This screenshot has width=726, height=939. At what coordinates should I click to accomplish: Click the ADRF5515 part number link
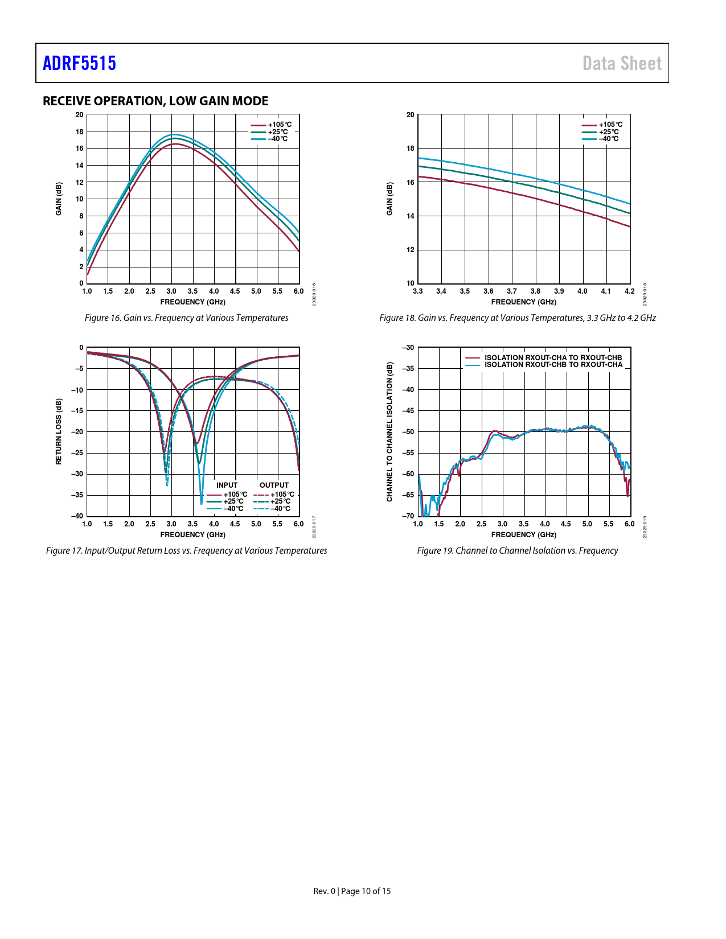[x=79, y=63]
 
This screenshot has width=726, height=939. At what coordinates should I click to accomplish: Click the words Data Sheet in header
[x=622, y=63]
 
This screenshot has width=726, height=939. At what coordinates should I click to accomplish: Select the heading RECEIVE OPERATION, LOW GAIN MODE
[x=155, y=101]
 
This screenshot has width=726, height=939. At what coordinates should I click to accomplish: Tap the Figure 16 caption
[x=186, y=318]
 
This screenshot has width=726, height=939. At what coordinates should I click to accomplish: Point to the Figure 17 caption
[x=186, y=550]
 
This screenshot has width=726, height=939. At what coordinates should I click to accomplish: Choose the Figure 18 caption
[x=517, y=318]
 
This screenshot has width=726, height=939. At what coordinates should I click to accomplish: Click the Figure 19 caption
[x=517, y=550]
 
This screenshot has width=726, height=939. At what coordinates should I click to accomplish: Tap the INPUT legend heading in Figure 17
[x=227, y=485]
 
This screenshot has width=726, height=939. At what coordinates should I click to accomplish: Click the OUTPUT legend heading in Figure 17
[x=274, y=485]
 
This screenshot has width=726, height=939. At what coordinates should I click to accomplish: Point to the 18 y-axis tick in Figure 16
[x=80, y=131]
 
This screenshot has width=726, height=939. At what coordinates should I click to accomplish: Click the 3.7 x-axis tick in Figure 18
[x=512, y=291]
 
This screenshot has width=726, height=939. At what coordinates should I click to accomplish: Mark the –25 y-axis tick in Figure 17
[x=77, y=453]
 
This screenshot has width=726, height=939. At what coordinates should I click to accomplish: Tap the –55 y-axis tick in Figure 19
[x=408, y=453]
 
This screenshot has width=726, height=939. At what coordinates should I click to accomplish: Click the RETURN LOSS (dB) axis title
[x=59, y=431]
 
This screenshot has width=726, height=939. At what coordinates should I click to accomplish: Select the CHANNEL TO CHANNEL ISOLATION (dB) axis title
[x=389, y=431]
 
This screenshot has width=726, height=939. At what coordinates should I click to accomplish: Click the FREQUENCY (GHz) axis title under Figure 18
[x=523, y=302]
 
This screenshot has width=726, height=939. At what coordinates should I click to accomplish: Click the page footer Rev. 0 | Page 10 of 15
[x=352, y=891]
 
